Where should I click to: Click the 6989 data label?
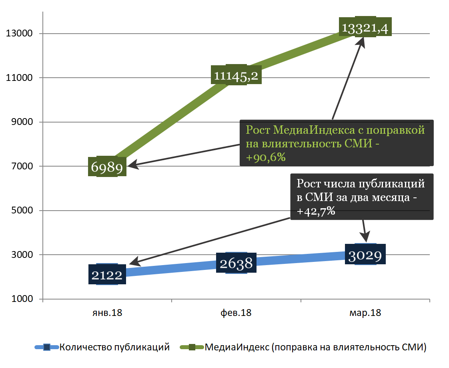coord(107,167)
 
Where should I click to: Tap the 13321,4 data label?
coord(365,27)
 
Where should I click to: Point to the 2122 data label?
coord(106,274)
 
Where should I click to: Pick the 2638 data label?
coord(236,263)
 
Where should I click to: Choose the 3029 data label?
coord(365,254)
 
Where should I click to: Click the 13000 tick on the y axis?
coord(19,34)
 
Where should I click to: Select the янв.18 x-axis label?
coord(107,313)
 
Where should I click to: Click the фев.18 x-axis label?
coord(236,313)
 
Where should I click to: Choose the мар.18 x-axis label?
coord(365,313)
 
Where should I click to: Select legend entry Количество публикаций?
coord(114,347)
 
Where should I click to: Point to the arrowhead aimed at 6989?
coord(132,164)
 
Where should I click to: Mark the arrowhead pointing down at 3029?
coord(366,237)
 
